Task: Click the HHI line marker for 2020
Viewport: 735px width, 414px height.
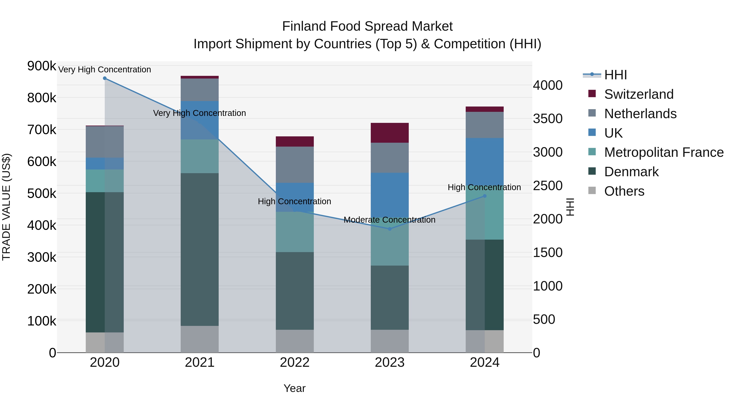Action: pyautogui.click(x=105, y=78)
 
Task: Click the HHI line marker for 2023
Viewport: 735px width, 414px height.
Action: pyautogui.click(x=390, y=229)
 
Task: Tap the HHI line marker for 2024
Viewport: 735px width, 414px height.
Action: pyautogui.click(x=484, y=196)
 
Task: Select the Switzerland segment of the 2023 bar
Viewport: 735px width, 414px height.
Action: pyautogui.click(x=390, y=133)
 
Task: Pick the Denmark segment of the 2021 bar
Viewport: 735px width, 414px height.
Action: pyautogui.click(x=200, y=249)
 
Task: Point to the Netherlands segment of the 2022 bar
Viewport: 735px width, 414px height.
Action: pyautogui.click(x=295, y=165)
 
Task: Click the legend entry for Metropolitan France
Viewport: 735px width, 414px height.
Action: pyautogui.click(x=664, y=152)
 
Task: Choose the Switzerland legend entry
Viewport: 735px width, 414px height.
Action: pyautogui.click(x=639, y=94)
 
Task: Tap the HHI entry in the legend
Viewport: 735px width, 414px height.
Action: pyautogui.click(x=615, y=75)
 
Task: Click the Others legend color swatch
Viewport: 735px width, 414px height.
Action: pyautogui.click(x=592, y=191)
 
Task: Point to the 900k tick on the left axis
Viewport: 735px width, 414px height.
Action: pyautogui.click(x=42, y=66)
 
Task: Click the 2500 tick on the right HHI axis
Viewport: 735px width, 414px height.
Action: pyautogui.click(x=548, y=186)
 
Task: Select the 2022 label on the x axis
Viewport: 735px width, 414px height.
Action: pyautogui.click(x=295, y=362)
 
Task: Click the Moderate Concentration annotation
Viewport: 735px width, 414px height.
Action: pyautogui.click(x=390, y=220)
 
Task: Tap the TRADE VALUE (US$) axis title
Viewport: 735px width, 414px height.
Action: pyautogui.click(x=7, y=207)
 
